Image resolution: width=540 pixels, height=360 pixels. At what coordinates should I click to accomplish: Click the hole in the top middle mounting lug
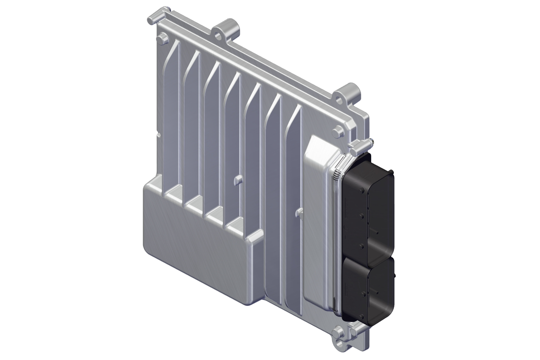tap(219, 35)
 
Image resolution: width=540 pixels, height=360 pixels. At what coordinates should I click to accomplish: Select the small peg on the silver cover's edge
tap(300, 212)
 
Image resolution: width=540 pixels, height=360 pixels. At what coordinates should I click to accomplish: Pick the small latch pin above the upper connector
tap(369, 143)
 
